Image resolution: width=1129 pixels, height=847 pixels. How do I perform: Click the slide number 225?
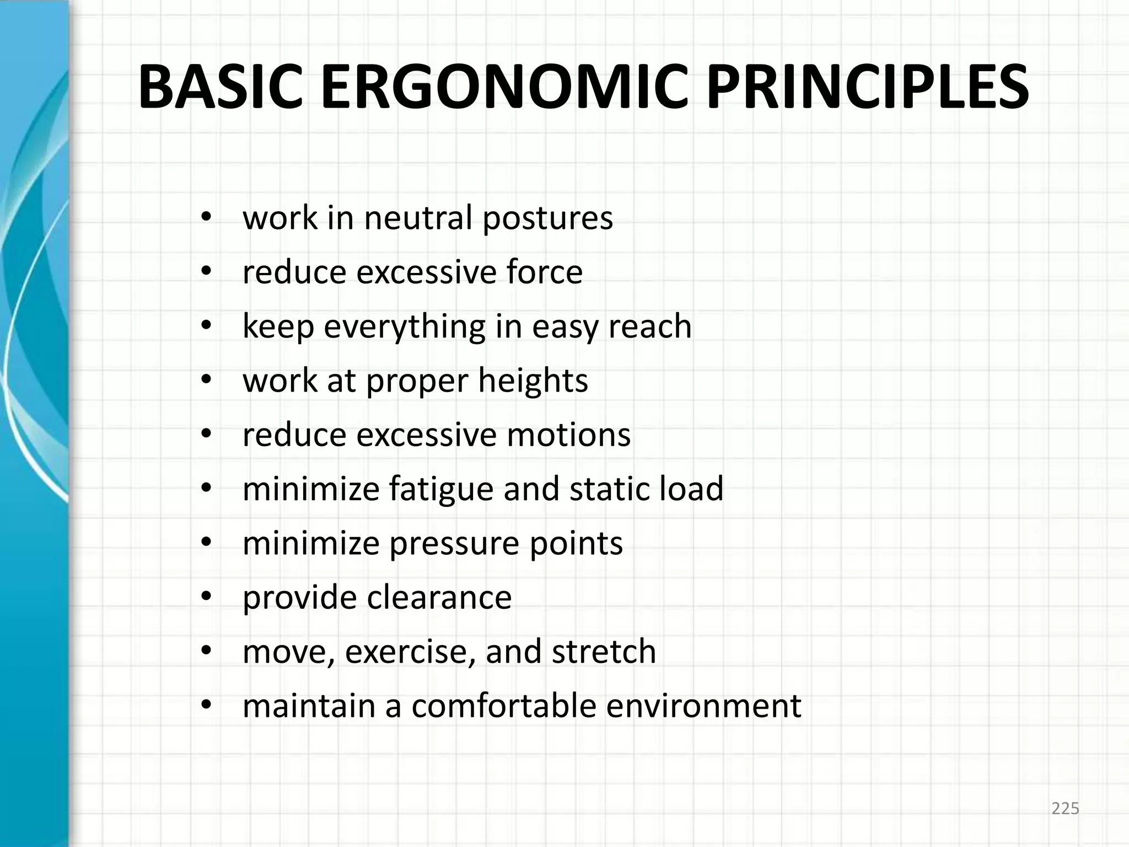(x=1065, y=809)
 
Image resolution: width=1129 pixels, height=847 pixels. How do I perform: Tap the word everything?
(x=405, y=326)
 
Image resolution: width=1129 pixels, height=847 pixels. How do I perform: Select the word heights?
(x=533, y=380)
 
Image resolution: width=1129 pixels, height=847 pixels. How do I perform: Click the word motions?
(x=568, y=435)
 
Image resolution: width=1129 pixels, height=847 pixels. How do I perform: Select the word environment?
(x=703, y=706)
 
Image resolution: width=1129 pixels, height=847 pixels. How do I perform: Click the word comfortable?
(x=504, y=706)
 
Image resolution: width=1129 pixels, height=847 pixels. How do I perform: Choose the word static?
(x=601, y=489)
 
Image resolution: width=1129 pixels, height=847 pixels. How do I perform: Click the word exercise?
(x=410, y=651)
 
